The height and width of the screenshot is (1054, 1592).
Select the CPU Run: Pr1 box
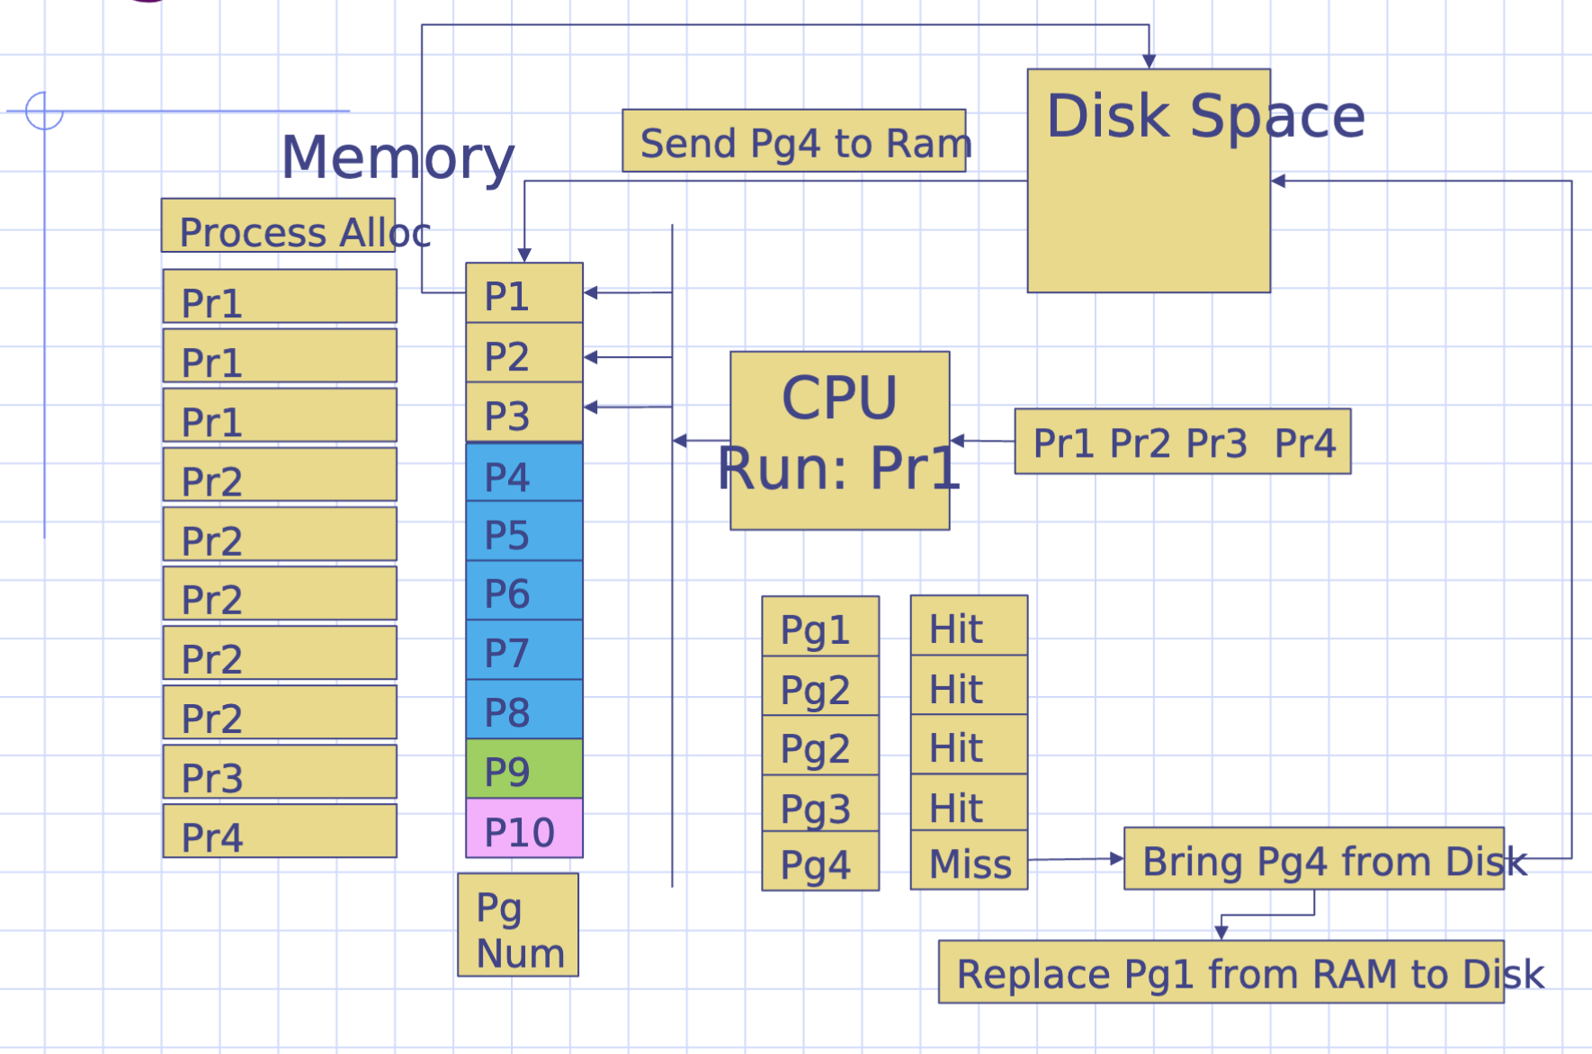[x=839, y=440]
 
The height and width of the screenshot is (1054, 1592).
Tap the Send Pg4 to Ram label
[x=794, y=141]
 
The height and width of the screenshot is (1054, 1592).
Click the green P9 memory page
[x=523, y=770]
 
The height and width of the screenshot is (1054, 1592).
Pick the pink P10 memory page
[x=523, y=829]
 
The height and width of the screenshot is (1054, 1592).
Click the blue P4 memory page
[x=523, y=474]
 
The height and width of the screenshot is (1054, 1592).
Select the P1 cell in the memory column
[x=523, y=294]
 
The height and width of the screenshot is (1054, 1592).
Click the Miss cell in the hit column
[x=969, y=862]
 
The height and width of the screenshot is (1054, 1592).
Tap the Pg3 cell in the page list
[x=819, y=804]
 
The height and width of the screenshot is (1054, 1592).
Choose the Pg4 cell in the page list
[x=819, y=862]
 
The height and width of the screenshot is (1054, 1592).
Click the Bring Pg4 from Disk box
[x=1313, y=860]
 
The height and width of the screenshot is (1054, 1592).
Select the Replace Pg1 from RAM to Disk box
[x=1221, y=972]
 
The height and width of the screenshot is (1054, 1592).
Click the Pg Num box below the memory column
[x=517, y=925]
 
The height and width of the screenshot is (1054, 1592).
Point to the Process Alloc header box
[x=279, y=227]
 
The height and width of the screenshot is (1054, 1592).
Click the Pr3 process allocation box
[x=280, y=772]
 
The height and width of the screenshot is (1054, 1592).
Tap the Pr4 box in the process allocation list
[x=280, y=831]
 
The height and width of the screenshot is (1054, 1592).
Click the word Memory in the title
[x=398, y=156]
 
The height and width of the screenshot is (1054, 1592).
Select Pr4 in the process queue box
[x=1305, y=442]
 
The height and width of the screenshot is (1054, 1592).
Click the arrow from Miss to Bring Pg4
[x=1076, y=860]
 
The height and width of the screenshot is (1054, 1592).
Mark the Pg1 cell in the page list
[x=819, y=627]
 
